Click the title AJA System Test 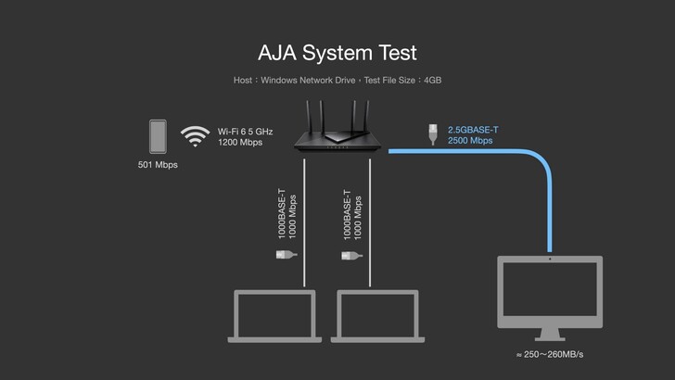[x=337, y=51]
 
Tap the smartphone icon [x=158, y=136]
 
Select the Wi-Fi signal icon [x=195, y=137]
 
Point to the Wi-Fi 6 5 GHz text [x=245, y=132]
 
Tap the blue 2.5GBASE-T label [x=473, y=131]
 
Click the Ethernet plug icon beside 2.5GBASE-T [x=432, y=134]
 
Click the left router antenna [x=311, y=113]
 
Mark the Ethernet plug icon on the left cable [x=285, y=253]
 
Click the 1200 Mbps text [x=240, y=143]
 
